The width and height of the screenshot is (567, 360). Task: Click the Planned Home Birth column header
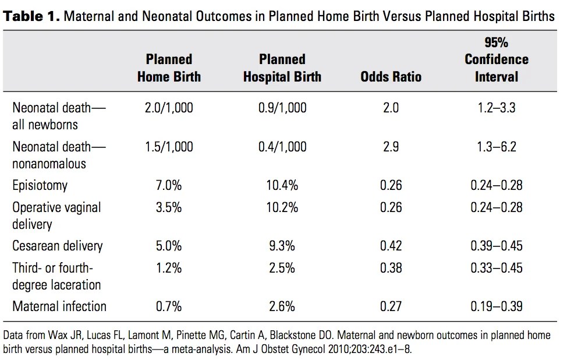(169, 68)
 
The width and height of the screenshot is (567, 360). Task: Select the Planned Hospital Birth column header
(282, 68)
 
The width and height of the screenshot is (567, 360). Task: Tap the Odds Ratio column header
(391, 77)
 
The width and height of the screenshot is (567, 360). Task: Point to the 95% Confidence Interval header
(497, 60)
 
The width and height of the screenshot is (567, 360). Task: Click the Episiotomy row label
(40, 186)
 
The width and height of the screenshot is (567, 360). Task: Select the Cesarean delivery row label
(58, 246)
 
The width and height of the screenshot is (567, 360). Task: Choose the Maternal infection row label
(59, 306)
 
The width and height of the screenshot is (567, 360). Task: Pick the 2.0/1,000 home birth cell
(169, 108)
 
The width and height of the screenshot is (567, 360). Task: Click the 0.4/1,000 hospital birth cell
(282, 147)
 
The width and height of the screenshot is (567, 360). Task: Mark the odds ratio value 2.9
(391, 147)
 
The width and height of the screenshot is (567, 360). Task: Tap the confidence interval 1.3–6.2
(497, 147)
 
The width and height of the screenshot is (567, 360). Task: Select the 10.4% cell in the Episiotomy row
(282, 186)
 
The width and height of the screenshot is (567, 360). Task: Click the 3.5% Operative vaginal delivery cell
(169, 207)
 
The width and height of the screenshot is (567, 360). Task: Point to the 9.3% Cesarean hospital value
(282, 246)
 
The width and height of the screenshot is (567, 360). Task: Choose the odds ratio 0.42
(391, 246)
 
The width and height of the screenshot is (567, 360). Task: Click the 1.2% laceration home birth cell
(169, 268)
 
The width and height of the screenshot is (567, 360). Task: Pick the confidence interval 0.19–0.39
(497, 306)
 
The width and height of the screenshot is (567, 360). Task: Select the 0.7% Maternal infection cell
(169, 306)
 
